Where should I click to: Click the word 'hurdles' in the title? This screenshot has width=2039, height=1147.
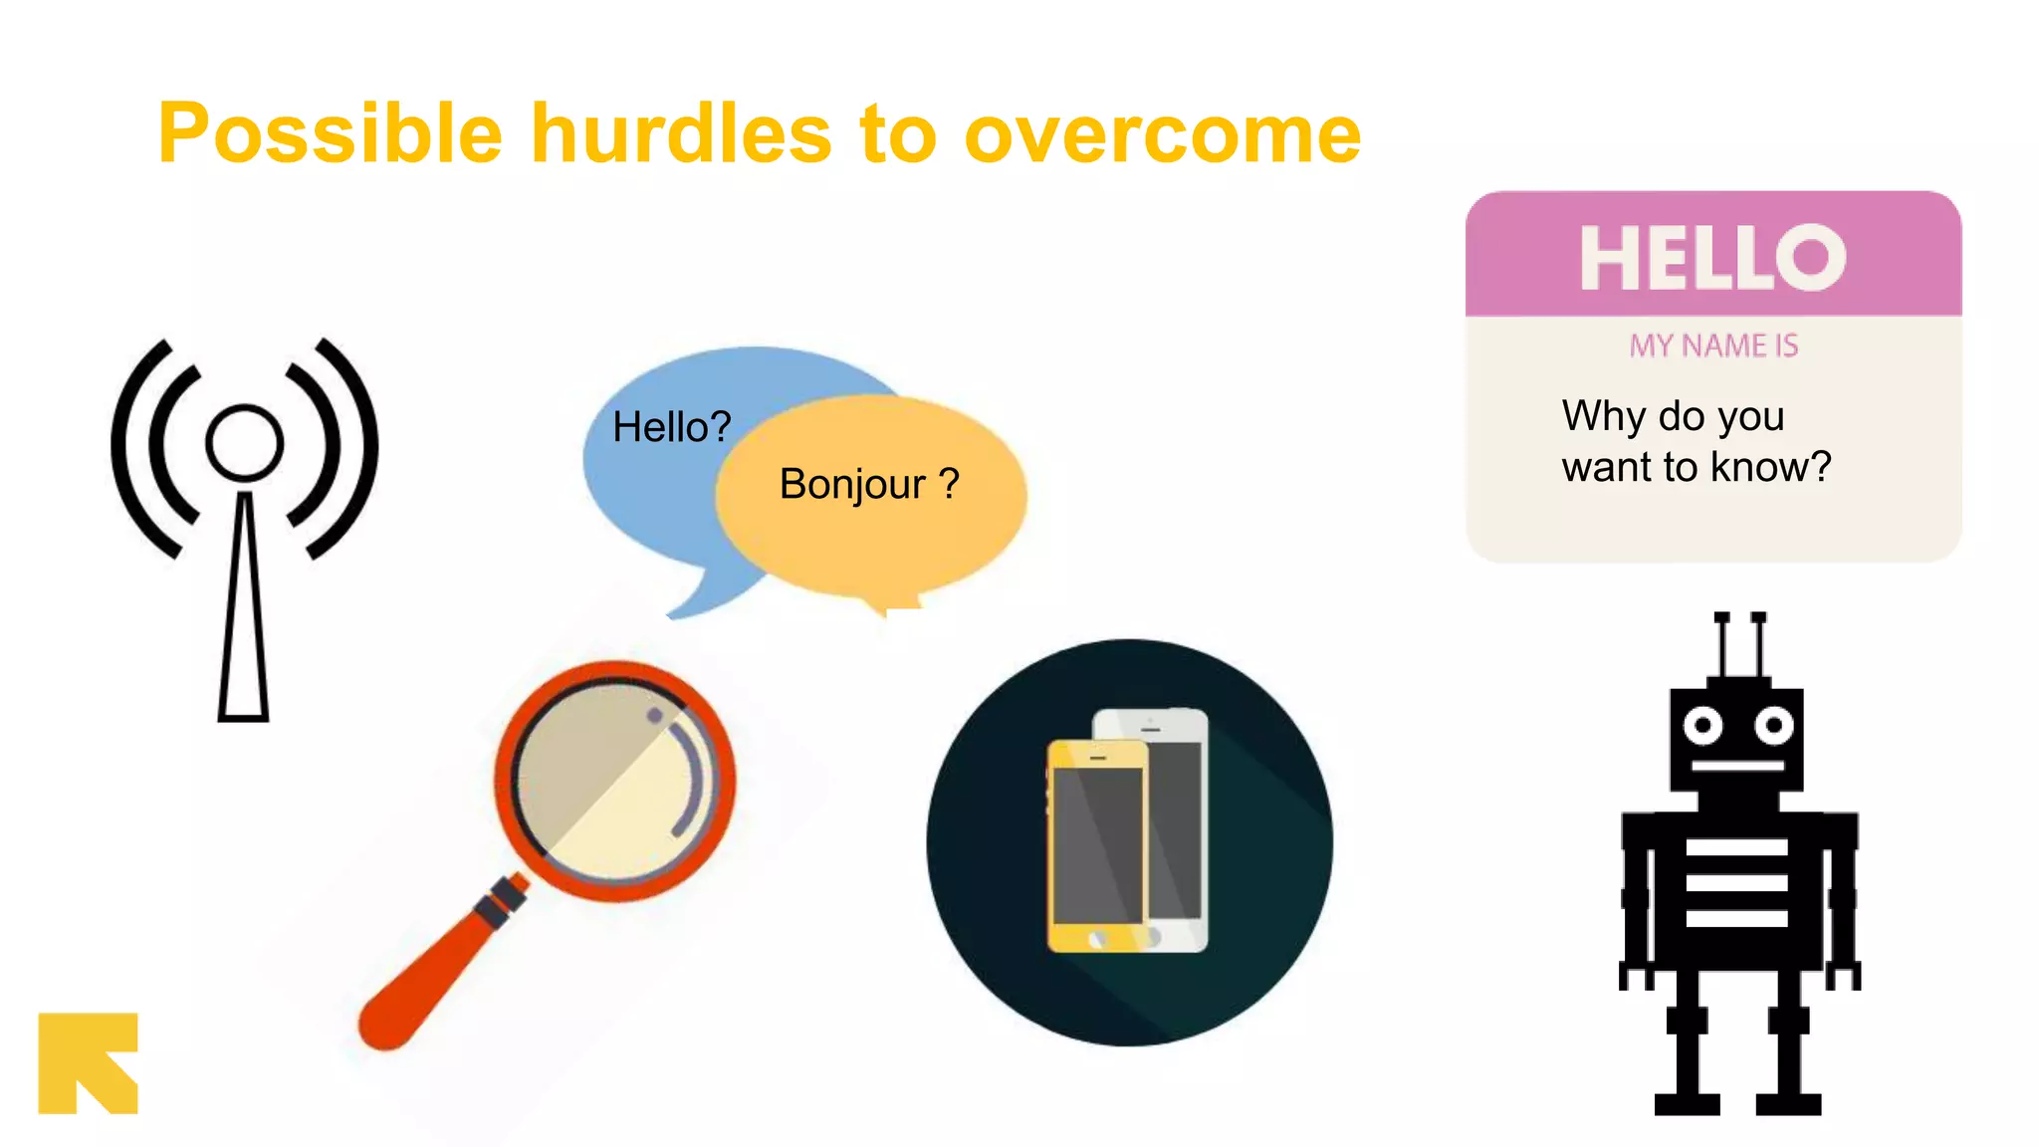[x=681, y=134]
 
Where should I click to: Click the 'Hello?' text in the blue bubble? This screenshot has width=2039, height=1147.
[x=671, y=427]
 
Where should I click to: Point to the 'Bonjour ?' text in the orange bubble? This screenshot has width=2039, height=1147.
[x=868, y=484]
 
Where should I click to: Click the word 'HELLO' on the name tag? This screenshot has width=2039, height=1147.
[x=1712, y=258]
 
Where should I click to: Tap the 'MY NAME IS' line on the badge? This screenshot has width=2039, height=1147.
[x=1713, y=345]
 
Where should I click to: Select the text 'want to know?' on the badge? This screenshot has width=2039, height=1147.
[x=1696, y=467]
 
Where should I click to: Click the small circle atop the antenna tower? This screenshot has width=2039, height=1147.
[x=244, y=442]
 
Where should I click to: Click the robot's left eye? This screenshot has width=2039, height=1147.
[x=1702, y=725]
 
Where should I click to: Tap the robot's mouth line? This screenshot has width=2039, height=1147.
[x=1737, y=765]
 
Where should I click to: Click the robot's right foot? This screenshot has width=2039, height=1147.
[x=1788, y=1103]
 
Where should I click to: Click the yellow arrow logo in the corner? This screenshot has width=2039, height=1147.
[x=88, y=1062]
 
